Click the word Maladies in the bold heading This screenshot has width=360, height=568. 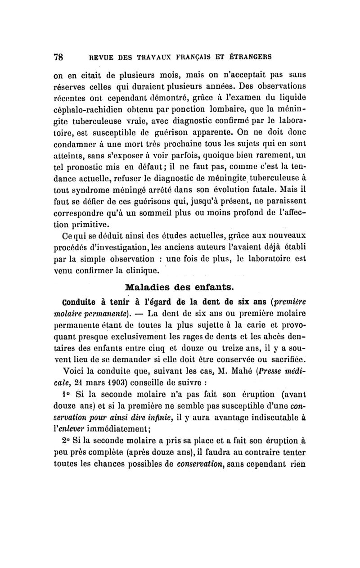tap(145, 287)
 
